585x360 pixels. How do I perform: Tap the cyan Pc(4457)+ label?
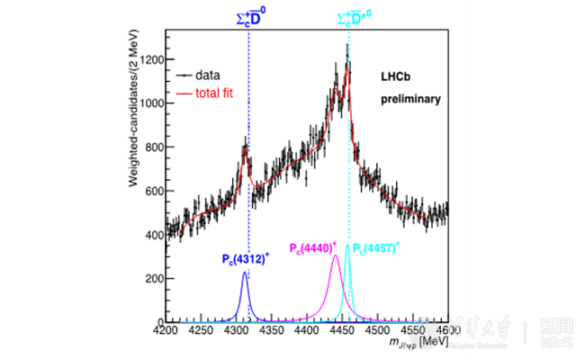click(376, 247)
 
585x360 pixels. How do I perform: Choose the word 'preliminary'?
click(409, 99)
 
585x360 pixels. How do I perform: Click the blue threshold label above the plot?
click(248, 17)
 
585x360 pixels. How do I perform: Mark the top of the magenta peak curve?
click(336, 256)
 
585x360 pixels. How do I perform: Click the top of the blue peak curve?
click(244, 274)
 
